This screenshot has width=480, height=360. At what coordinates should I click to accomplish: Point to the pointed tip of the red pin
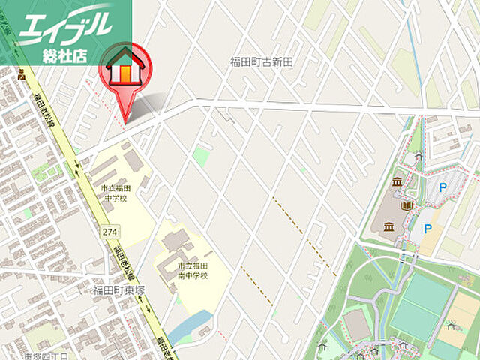[125, 120]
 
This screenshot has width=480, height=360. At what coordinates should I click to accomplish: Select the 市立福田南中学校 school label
[193, 271]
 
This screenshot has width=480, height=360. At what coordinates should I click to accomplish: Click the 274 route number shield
[109, 232]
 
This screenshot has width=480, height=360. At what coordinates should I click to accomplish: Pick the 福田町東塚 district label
[118, 289]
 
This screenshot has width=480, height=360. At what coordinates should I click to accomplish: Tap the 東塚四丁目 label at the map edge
[45, 356]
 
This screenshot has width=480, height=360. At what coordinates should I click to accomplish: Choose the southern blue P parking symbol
[428, 229]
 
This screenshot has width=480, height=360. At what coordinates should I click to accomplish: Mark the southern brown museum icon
[388, 227]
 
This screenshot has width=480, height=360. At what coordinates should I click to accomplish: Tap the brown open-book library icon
[408, 205]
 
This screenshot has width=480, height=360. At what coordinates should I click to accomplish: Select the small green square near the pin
[200, 156]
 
